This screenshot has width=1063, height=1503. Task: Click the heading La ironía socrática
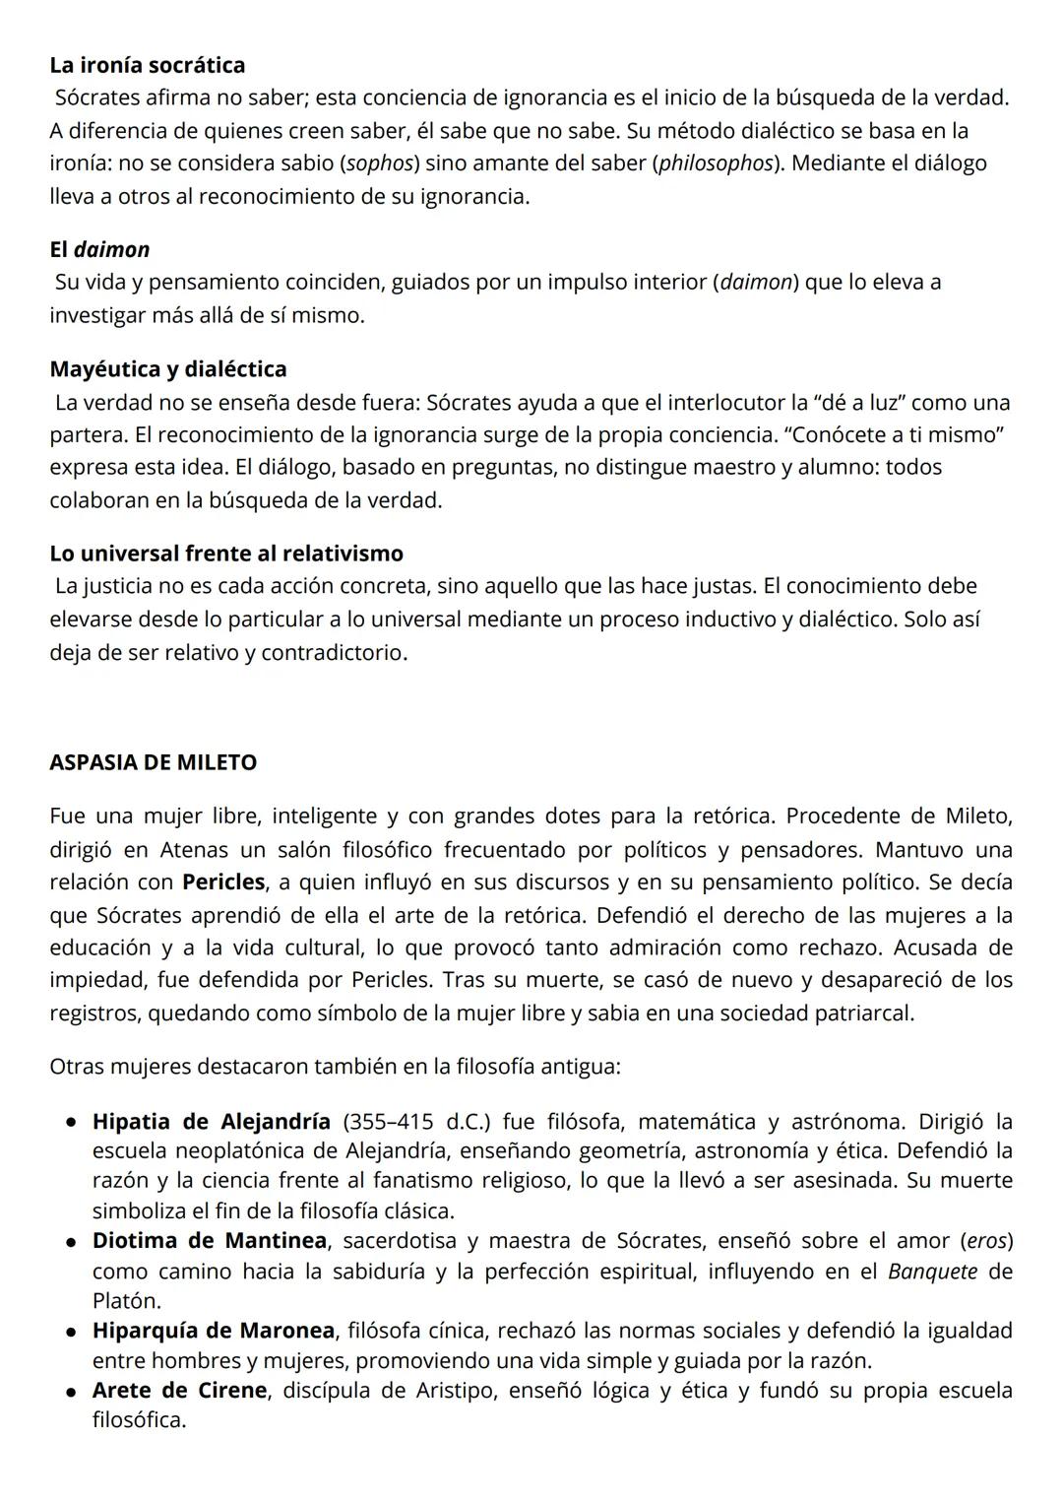(x=148, y=65)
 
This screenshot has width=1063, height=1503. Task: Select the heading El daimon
(x=99, y=249)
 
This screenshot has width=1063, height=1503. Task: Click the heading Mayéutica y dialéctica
(x=168, y=369)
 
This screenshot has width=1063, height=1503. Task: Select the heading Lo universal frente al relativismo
(x=226, y=554)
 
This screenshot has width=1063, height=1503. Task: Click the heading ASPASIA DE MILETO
(x=153, y=762)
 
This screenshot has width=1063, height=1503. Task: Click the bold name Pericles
(x=223, y=882)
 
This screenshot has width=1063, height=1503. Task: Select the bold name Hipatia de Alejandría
(x=211, y=1122)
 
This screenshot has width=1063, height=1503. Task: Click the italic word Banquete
(x=932, y=1272)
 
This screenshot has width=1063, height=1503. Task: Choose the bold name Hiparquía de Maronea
(x=214, y=1331)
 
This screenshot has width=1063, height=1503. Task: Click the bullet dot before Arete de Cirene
(x=73, y=1392)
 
